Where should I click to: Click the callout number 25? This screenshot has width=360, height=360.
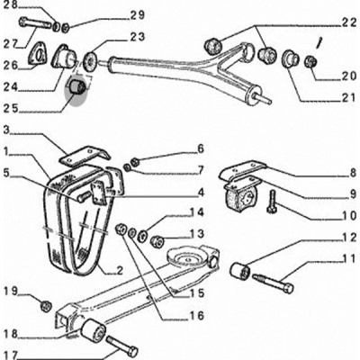tap(11, 109)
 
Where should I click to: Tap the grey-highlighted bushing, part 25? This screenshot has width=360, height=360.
tap(77, 86)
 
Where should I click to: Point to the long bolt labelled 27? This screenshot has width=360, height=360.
tap(36, 23)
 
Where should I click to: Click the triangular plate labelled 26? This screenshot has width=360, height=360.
tap(38, 54)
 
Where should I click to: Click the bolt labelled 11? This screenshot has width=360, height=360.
tap(273, 283)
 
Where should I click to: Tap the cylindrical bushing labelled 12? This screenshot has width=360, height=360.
tap(240, 271)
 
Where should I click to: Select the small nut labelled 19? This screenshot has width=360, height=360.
tap(45, 306)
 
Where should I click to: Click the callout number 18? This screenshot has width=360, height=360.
tap(11, 334)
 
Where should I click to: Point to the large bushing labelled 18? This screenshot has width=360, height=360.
tap(93, 332)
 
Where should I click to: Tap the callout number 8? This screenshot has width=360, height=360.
tap(353, 173)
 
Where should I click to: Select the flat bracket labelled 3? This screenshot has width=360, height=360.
tap(85, 155)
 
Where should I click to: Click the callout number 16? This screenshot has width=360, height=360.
tap(197, 316)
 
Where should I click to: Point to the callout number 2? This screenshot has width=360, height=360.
tap(120, 271)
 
